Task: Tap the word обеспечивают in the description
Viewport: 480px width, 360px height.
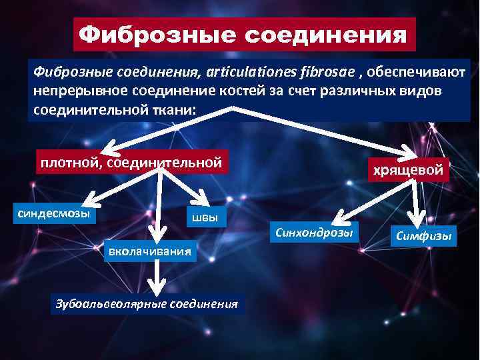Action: [417, 71]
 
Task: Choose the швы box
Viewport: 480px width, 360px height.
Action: [206, 218]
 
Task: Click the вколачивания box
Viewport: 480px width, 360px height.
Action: [150, 251]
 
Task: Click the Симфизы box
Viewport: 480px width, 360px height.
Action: [424, 235]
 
